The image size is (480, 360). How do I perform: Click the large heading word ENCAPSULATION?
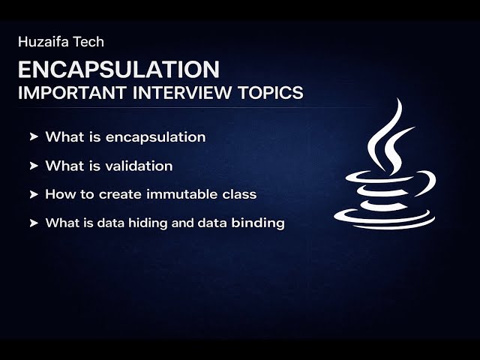click(118, 70)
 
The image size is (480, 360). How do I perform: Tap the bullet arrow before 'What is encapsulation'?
click(34, 137)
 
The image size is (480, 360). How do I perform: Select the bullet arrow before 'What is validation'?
click(34, 166)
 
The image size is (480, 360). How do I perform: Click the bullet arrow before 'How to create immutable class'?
click(34, 194)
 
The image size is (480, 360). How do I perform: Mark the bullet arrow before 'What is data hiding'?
click(34, 223)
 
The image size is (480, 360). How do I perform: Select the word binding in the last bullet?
click(263, 223)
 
